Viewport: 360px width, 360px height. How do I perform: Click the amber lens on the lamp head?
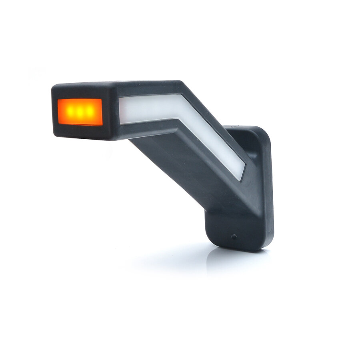(80, 112)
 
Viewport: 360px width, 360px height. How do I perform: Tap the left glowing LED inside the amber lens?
(69, 112)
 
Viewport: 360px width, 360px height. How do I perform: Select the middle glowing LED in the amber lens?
(80, 112)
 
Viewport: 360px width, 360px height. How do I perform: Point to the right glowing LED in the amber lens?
(90, 112)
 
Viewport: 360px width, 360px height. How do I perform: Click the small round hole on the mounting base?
(234, 236)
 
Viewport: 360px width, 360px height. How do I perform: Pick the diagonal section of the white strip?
(212, 140)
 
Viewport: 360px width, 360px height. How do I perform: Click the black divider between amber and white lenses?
(110, 112)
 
